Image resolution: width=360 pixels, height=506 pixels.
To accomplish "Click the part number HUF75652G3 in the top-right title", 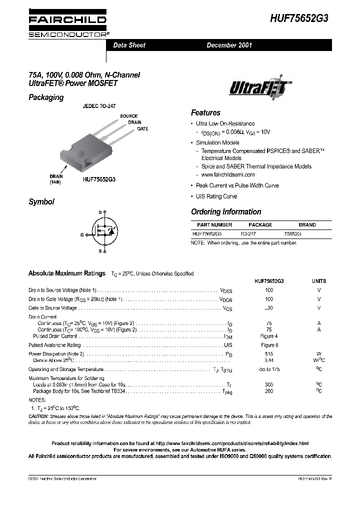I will pyautogui.click(x=300, y=19).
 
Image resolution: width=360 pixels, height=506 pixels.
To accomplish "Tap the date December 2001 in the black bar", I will pyautogui.click(x=229, y=45).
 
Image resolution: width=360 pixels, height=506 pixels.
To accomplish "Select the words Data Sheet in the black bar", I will pyautogui.click(x=129, y=45).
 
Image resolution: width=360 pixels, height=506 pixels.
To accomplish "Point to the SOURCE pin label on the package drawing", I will pyautogui.click(x=128, y=116).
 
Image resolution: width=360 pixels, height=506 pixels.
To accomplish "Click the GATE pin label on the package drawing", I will pyautogui.click(x=143, y=129).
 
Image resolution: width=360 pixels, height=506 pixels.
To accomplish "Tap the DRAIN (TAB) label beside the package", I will pyautogui.click(x=56, y=179).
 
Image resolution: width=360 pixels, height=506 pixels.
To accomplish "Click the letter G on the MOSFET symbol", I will pyautogui.click(x=82, y=234).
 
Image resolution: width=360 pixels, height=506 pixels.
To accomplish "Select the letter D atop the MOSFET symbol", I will pyautogui.click(x=99, y=213).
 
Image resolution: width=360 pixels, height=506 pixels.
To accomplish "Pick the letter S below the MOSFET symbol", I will pyautogui.click(x=99, y=250).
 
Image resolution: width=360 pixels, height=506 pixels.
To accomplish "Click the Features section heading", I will pyautogui.click(x=205, y=113).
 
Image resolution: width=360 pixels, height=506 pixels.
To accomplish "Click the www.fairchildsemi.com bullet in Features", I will pyautogui.click(x=227, y=174).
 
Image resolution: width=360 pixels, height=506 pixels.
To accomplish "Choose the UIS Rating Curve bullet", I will pyautogui.click(x=216, y=196).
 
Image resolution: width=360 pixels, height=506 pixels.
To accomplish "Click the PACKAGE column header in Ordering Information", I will pyautogui.click(x=260, y=225).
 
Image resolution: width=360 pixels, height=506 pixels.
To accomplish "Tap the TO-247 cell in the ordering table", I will pyautogui.click(x=248, y=233).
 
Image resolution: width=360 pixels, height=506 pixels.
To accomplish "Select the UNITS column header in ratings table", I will pyautogui.click(x=319, y=281).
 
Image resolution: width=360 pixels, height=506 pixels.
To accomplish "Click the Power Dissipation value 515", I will pyautogui.click(x=269, y=353).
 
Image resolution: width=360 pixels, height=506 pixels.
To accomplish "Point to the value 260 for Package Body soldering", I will pyautogui.click(x=269, y=391).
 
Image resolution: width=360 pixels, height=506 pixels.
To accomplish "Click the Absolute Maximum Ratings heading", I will pyautogui.click(x=67, y=273).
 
